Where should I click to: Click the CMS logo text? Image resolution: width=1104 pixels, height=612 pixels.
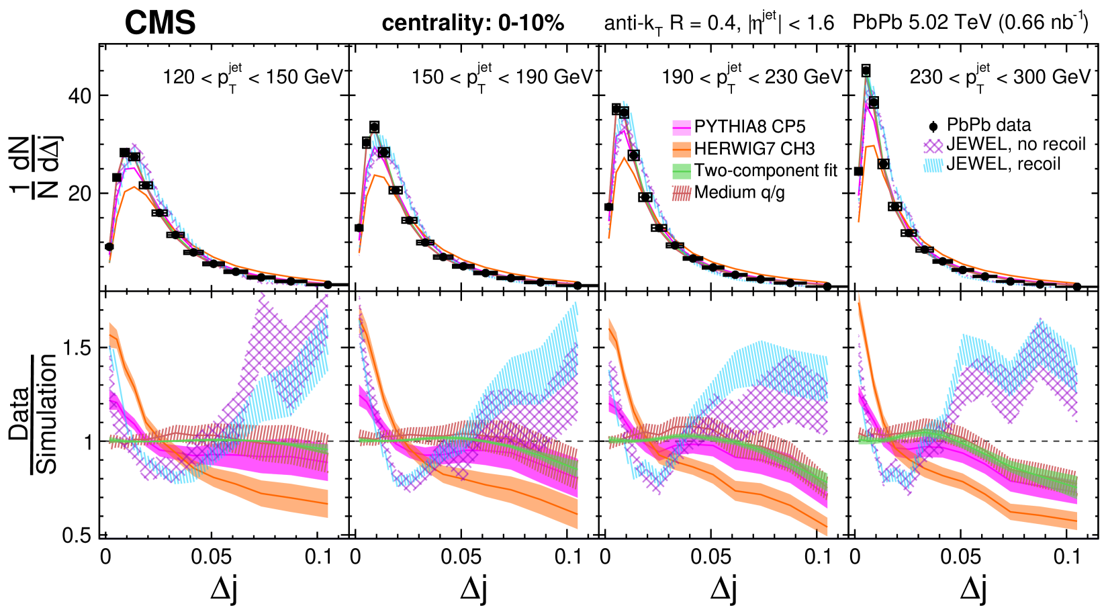[160, 23]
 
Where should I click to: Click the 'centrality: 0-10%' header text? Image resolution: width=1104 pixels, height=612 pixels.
[473, 24]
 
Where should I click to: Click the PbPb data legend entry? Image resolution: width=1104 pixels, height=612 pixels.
[988, 125]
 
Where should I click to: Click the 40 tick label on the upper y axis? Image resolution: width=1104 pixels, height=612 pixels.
[79, 96]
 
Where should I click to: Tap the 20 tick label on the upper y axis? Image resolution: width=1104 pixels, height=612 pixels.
[79, 193]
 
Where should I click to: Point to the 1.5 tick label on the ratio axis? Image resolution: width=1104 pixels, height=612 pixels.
[76, 347]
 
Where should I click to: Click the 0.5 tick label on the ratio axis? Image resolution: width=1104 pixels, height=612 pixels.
[76, 535]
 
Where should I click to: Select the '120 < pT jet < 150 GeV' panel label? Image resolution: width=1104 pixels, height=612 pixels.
[252, 77]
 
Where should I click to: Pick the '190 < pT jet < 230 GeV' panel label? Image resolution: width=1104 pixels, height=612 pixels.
[751, 77]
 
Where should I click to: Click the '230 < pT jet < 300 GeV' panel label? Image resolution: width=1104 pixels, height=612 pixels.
[1000, 77]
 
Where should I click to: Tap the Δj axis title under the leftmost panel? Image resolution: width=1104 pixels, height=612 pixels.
[224, 588]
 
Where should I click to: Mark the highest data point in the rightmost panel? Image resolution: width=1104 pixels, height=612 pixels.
[866, 71]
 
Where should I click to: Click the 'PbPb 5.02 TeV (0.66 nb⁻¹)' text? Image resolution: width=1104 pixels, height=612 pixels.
[970, 23]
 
